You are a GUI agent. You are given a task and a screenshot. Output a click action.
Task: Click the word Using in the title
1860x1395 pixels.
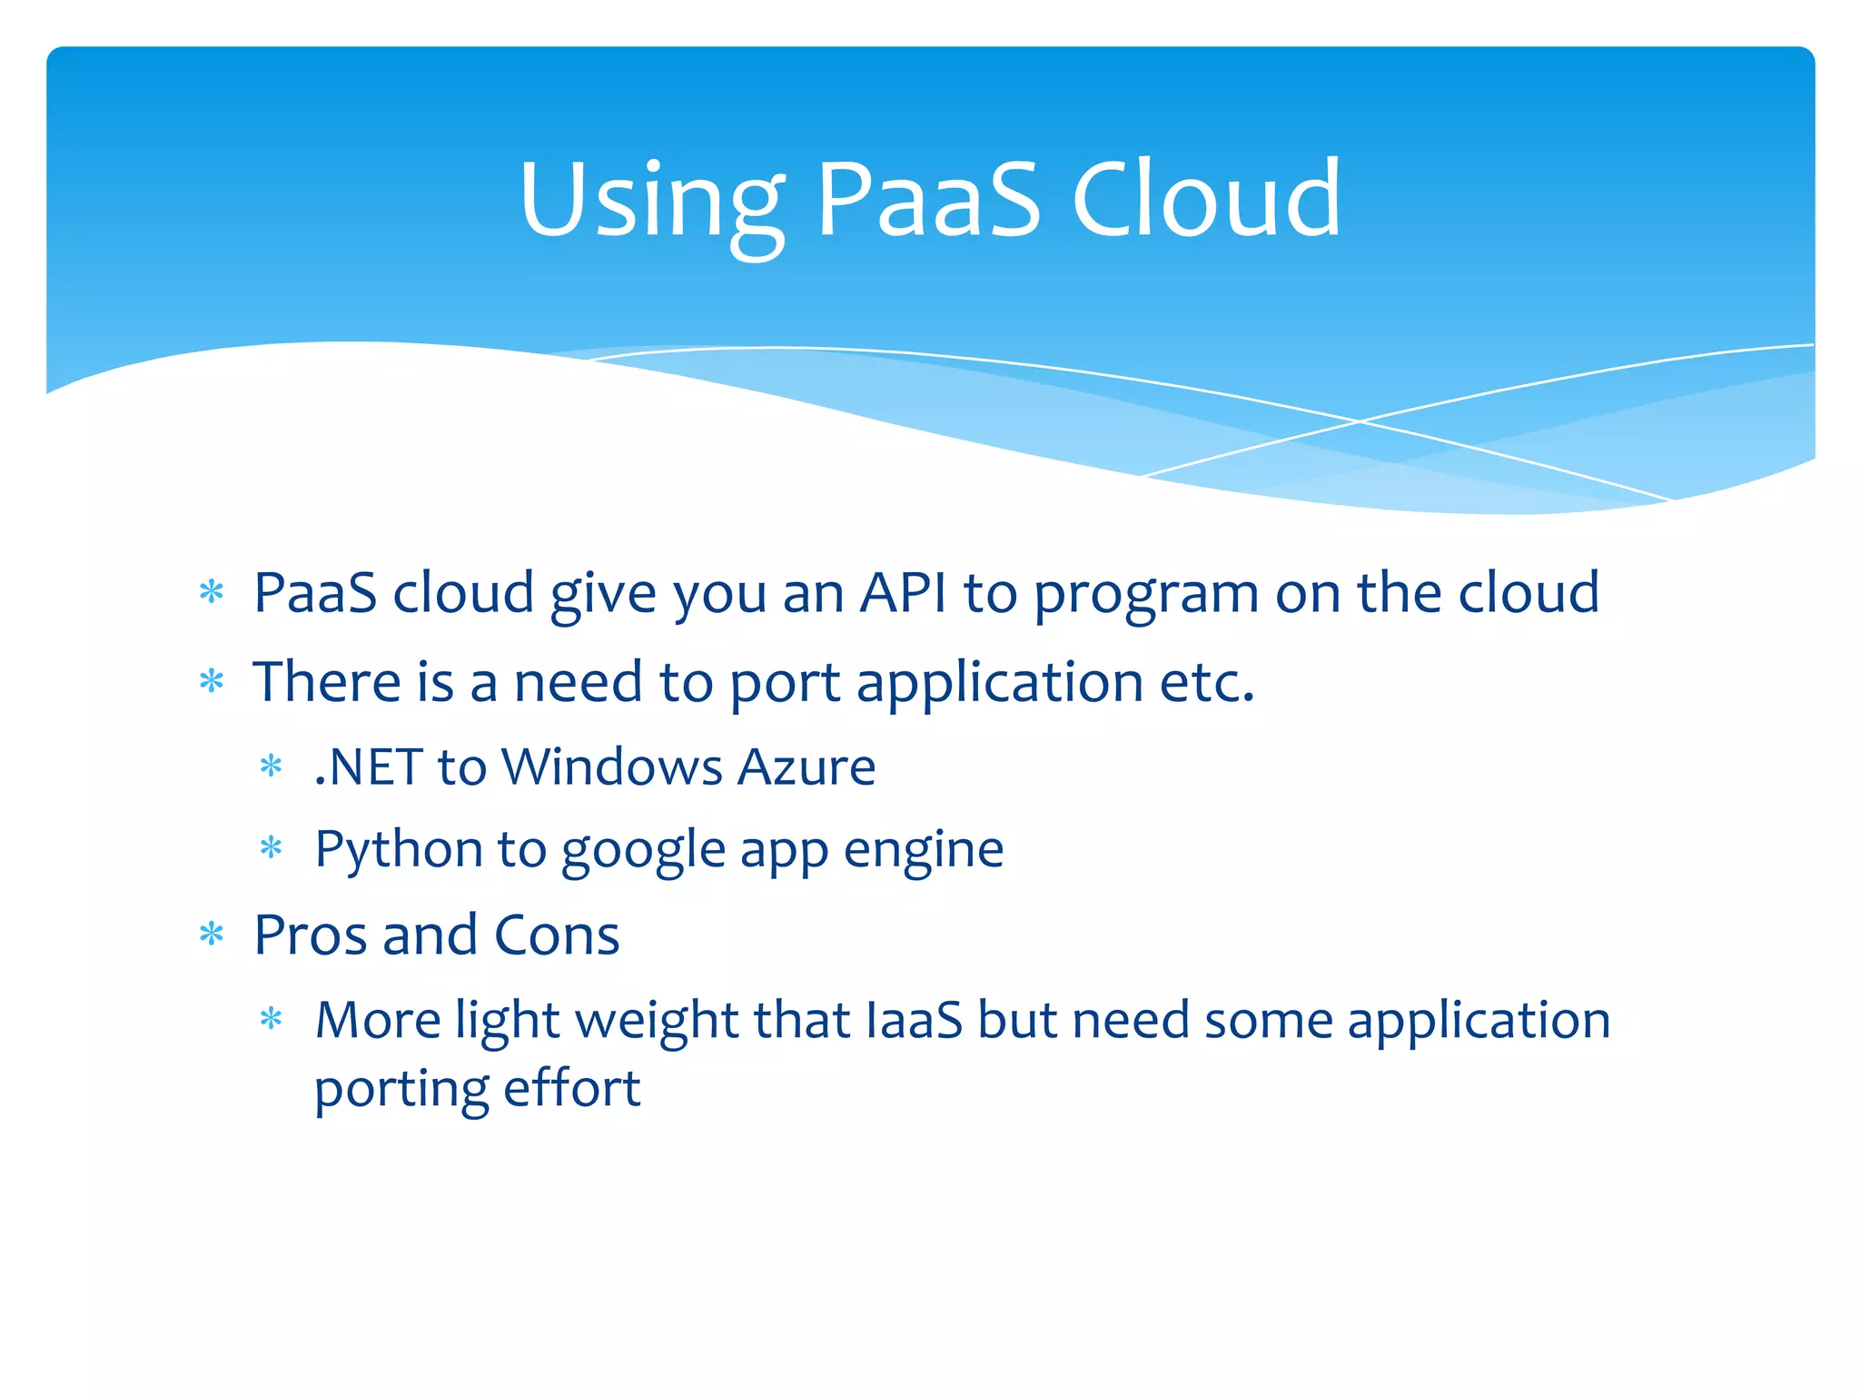point(651,202)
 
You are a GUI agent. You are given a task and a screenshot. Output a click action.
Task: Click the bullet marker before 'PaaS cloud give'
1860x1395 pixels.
point(212,593)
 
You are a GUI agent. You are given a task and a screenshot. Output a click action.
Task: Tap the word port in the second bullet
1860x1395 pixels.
point(785,684)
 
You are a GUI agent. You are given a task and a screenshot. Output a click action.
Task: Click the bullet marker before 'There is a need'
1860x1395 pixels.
point(212,681)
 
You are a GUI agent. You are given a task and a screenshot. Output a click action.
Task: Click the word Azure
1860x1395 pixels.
point(806,767)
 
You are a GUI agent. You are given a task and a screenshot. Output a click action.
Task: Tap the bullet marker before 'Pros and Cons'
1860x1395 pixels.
point(212,934)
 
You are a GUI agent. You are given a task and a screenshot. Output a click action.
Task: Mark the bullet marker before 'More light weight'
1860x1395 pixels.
point(272,1019)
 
